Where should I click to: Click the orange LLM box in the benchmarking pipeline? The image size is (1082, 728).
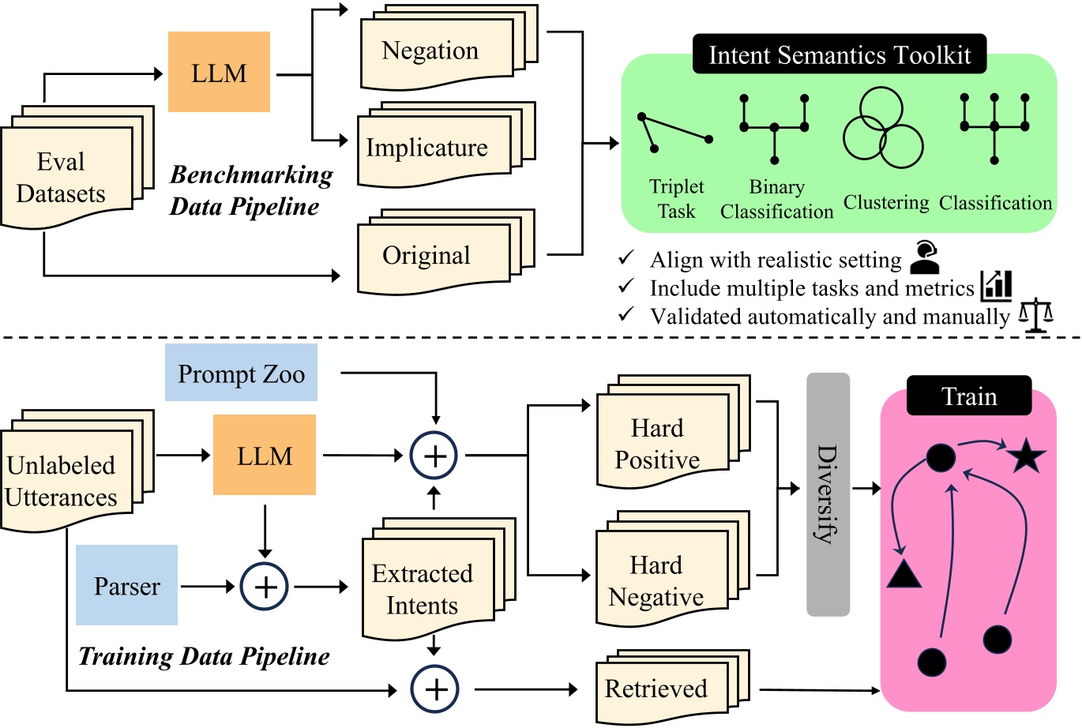click(x=219, y=73)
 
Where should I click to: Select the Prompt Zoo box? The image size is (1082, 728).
click(x=241, y=373)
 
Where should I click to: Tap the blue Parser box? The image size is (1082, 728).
click(x=126, y=586)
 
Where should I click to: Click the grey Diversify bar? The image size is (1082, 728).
click(x=828, y=494)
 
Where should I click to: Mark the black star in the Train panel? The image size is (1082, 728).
click(x=1026, y=457)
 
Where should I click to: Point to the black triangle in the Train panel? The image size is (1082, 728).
click(x=904, y=573)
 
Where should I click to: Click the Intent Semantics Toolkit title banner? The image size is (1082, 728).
click(x=840, y=54)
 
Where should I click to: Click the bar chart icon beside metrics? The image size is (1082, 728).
click(x=997, y=286)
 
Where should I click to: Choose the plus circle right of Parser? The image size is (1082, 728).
click(x=265, y=587)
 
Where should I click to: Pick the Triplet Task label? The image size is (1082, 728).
click(x=676, y=198)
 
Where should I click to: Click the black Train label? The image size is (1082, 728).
click(x=969, y=396)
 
